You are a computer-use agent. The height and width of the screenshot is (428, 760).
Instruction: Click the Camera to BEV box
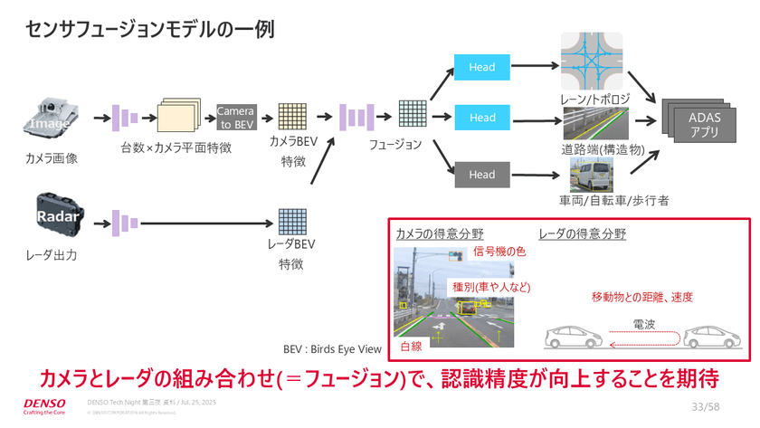tap(235, 118)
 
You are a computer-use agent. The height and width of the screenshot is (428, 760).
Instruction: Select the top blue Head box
tap(482, 66)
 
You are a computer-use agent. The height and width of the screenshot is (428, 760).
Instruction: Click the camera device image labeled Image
tap(52, 119)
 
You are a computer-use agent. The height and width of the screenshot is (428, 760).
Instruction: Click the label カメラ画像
tap(52, 158)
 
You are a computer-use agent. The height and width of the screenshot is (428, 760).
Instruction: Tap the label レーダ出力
tap(52, 255)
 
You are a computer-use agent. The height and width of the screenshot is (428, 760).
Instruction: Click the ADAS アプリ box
tap(705, 124)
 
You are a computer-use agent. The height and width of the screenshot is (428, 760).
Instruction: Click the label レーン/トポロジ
tap(594, 97)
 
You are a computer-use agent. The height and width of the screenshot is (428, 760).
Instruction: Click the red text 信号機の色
tap(499, 252)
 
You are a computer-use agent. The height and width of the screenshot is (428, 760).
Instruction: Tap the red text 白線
tap(411, 347)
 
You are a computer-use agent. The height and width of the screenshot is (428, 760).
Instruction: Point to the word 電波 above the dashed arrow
tap(643, 323)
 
